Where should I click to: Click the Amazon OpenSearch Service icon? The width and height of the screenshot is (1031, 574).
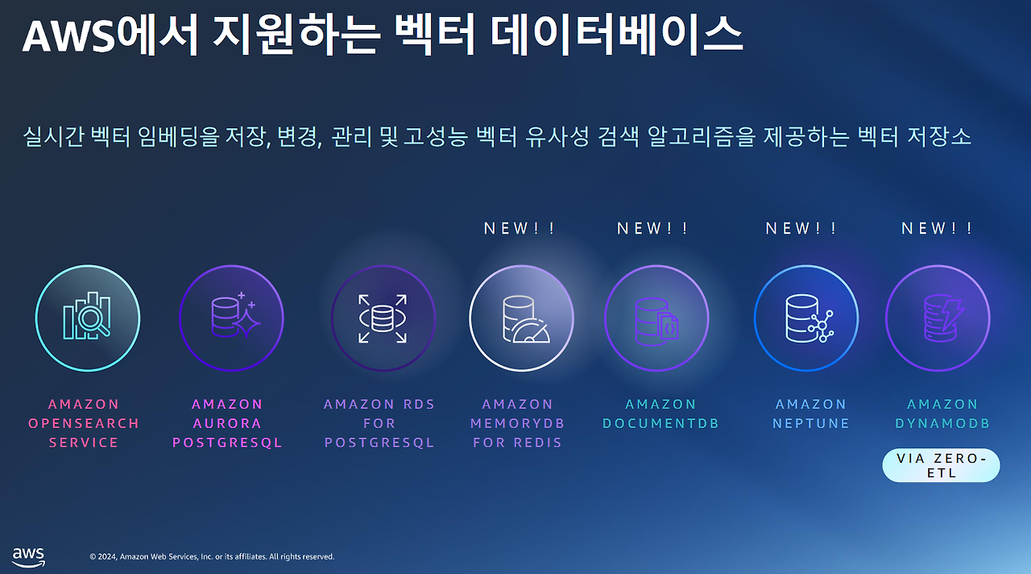click(x=88, y=318)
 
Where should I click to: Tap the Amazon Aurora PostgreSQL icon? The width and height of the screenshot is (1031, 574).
click(x=231, y=318)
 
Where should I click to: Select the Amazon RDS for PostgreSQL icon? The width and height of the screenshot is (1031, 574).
click(x=383, y=318)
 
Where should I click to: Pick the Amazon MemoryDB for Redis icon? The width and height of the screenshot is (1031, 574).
click(x=521, y=318)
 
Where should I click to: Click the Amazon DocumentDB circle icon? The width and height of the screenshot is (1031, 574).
click(x=656, y=318)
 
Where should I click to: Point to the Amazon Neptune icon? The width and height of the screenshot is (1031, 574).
click(x=805, y=318)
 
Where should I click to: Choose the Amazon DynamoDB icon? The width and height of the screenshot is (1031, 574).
click(x=938, y=318)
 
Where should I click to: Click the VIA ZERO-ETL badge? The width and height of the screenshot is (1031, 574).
click(x=941, y=465)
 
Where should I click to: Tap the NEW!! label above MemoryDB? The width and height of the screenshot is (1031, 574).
click(x=520, y=228)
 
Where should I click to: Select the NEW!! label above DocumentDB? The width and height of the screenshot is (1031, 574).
click(x=652, y=228)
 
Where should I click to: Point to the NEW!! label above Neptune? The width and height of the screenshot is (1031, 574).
click(x=801, y=228)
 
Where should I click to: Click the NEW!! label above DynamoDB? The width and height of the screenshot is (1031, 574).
click(x=937, y=228)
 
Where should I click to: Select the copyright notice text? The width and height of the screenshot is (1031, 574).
click(x=212, y=557)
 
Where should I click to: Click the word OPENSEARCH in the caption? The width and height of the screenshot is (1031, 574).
click(x=84, y=423)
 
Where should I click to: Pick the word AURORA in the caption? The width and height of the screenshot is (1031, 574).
click(x=228, y=423)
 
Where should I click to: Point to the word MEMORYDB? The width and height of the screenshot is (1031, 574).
click(x=518, y=423)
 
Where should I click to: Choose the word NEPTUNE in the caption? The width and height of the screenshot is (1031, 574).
click(x=811, y=423)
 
